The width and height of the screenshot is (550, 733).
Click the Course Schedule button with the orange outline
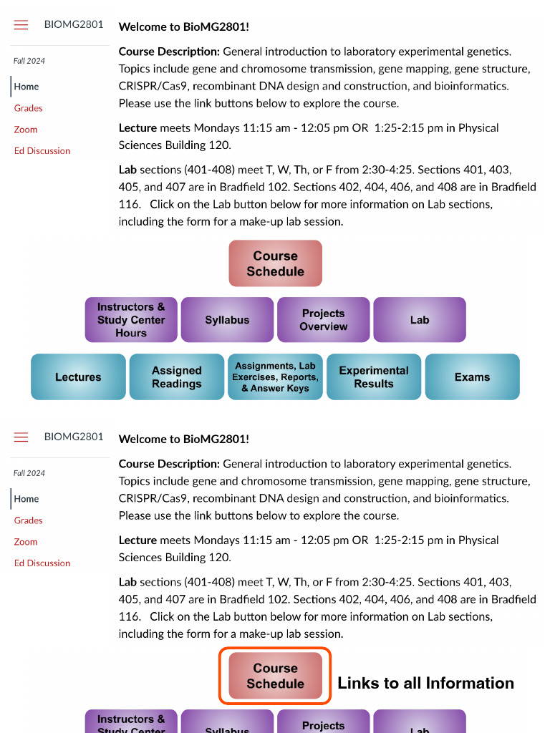[276, 676]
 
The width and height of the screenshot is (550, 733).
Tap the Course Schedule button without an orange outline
[276, 263]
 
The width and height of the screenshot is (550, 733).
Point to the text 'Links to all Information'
[425, 684]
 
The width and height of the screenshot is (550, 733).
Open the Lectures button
[78, 377]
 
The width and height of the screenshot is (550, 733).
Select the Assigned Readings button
[176, 377]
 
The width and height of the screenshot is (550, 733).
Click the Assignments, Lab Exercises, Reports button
[275, 377]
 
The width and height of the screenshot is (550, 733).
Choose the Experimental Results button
[373, 377]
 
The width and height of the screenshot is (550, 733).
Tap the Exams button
[472, 377]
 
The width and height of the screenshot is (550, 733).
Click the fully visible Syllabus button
[227, 320]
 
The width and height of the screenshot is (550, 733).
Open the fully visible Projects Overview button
[323, 320]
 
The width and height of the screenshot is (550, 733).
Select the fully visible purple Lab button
[420, 320]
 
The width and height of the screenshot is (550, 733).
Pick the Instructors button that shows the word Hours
[131, 320]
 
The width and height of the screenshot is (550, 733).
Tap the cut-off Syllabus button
[227, 724]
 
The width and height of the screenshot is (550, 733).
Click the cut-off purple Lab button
[420, 724]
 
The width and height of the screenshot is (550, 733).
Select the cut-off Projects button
[323, 723]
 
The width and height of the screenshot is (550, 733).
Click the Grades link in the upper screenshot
[29, 108]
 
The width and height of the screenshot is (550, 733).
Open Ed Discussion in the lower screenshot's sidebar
[42, 563]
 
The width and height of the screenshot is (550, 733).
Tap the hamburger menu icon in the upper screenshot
[21, 25]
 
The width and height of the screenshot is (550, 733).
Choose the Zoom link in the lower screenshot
[26, 542]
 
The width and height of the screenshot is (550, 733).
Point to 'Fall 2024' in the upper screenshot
[29, 61]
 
